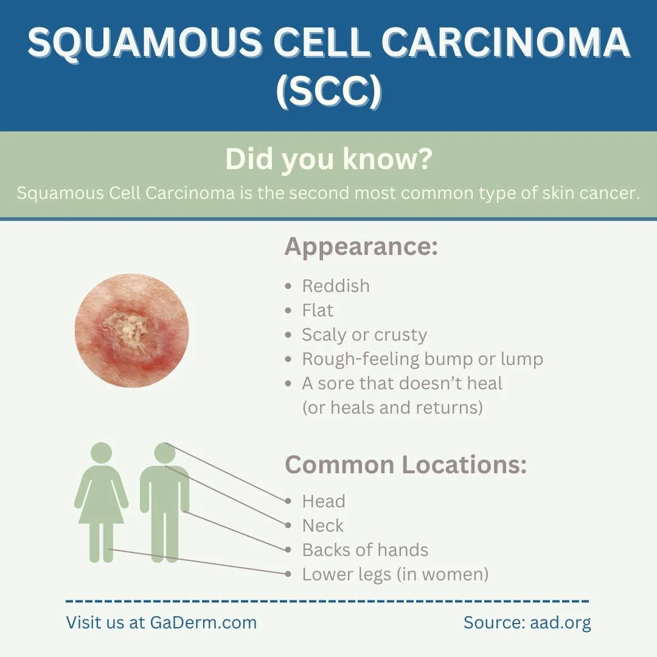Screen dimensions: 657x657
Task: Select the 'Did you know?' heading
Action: (x=328, y=159)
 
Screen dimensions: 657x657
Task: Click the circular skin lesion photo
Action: (x=131, y=330)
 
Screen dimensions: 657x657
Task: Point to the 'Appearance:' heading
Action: (x=361, y=247)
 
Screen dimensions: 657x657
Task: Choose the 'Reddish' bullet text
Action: (x=335, y=286)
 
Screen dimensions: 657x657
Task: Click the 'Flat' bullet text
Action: (x=318, y=310)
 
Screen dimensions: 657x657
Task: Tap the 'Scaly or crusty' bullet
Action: (x=364, y=335)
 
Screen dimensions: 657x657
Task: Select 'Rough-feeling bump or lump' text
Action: (x=422, y=359)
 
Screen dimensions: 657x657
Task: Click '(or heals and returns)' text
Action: (x=392, y=407)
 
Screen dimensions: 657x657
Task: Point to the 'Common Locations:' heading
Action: (x=405, y=465)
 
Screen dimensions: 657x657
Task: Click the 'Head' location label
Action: (x=324, y=501)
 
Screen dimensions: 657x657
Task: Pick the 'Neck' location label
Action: (x=323, y=526)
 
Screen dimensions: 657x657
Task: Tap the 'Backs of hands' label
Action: (x=365, y=550)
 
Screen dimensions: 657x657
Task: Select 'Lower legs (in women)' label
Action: (x=395, y=574)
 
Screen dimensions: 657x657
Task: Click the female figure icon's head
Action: (x=101, y=453)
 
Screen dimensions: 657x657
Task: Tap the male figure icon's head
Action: (x=165, y=453)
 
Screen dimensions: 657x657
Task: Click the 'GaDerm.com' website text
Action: (x=203, y=623)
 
